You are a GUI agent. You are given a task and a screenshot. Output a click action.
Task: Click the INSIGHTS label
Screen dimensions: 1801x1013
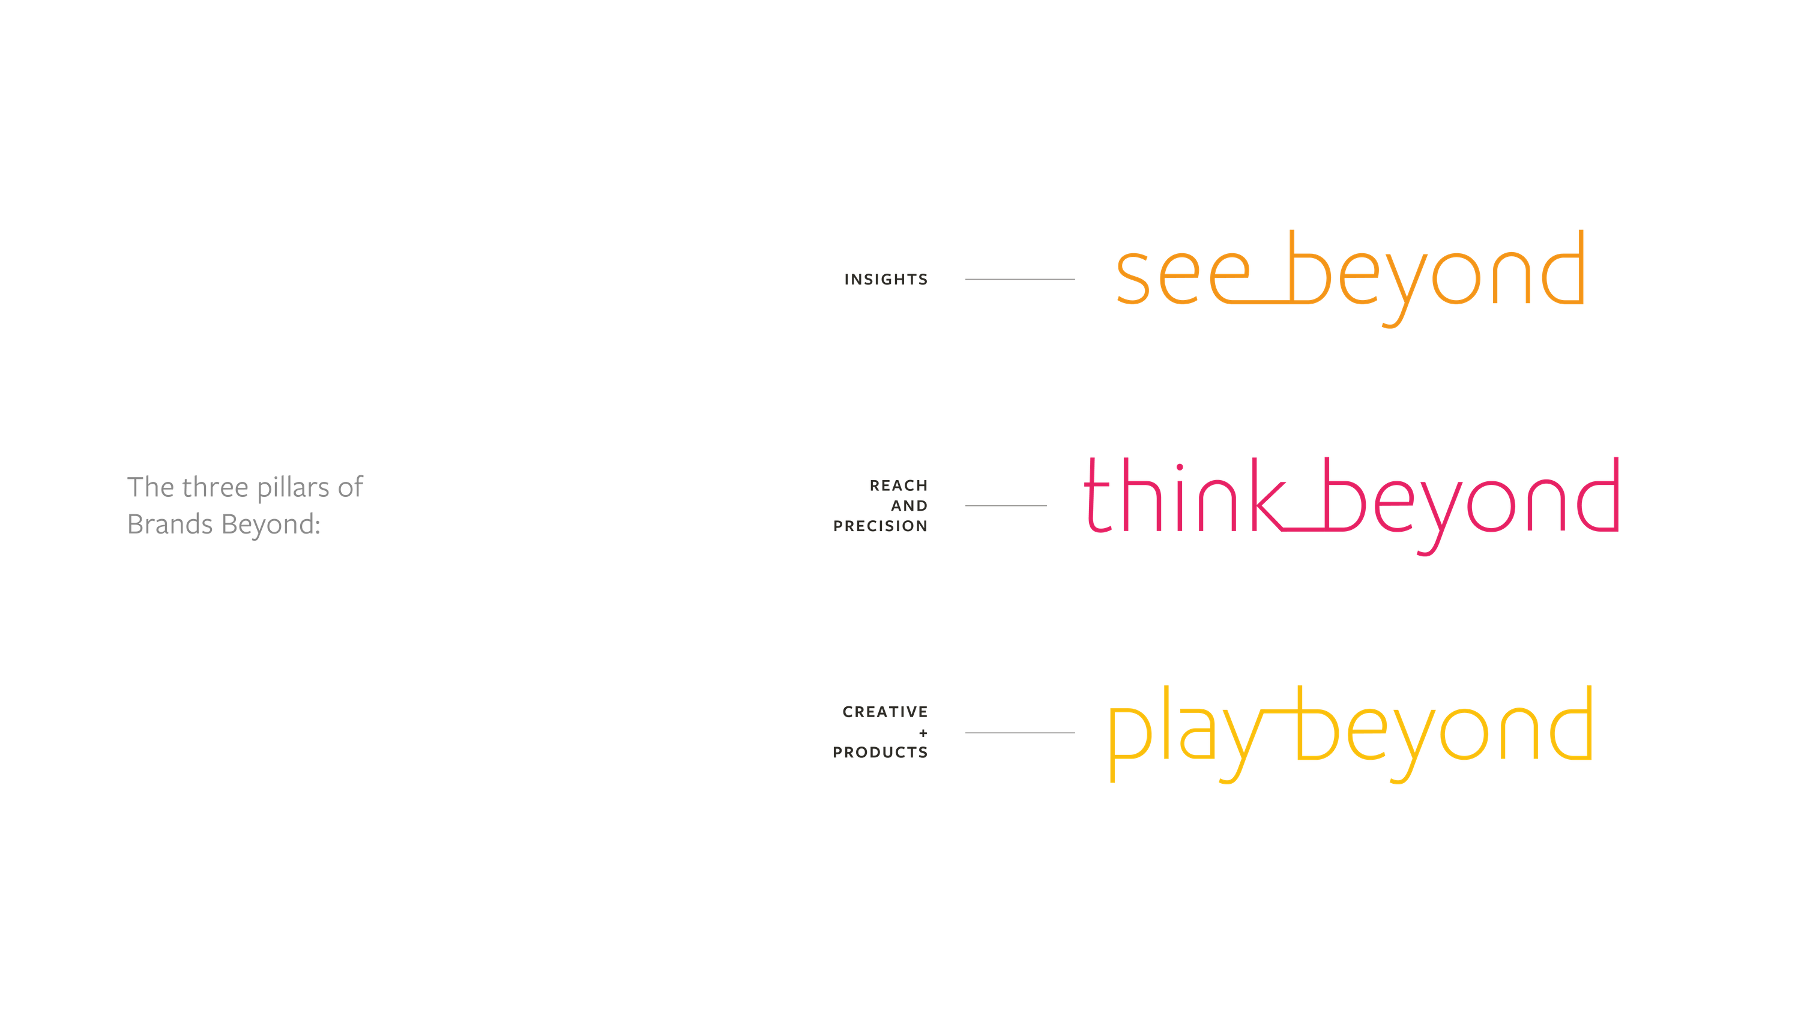[886, 280]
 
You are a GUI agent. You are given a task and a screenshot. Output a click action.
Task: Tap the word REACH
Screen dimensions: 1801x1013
[899, 485]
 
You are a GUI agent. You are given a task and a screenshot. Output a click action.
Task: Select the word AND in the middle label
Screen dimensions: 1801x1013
[909, 505]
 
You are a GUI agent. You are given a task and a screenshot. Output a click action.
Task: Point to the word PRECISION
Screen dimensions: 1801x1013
[880, 526]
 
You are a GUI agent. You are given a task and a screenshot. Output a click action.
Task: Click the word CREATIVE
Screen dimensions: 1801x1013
[885, 712]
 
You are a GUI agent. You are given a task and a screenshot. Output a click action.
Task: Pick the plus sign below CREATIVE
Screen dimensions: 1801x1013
[923, 733]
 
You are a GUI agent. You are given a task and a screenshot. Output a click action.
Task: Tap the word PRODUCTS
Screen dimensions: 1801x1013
[880, 752]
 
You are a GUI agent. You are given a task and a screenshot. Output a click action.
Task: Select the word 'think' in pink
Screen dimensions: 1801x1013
[1181, 497]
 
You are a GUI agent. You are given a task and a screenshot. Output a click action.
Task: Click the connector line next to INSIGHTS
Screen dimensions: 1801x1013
[1020, 280]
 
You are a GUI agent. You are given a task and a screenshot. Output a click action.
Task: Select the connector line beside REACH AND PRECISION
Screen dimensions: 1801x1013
[1006, 505]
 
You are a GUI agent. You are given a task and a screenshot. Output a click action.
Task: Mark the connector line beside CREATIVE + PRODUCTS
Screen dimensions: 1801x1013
[1020, 733]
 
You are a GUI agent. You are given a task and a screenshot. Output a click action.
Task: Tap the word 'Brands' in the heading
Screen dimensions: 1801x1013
[170, 525]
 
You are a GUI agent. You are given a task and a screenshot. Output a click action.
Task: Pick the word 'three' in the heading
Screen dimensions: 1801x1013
[216, 487]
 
